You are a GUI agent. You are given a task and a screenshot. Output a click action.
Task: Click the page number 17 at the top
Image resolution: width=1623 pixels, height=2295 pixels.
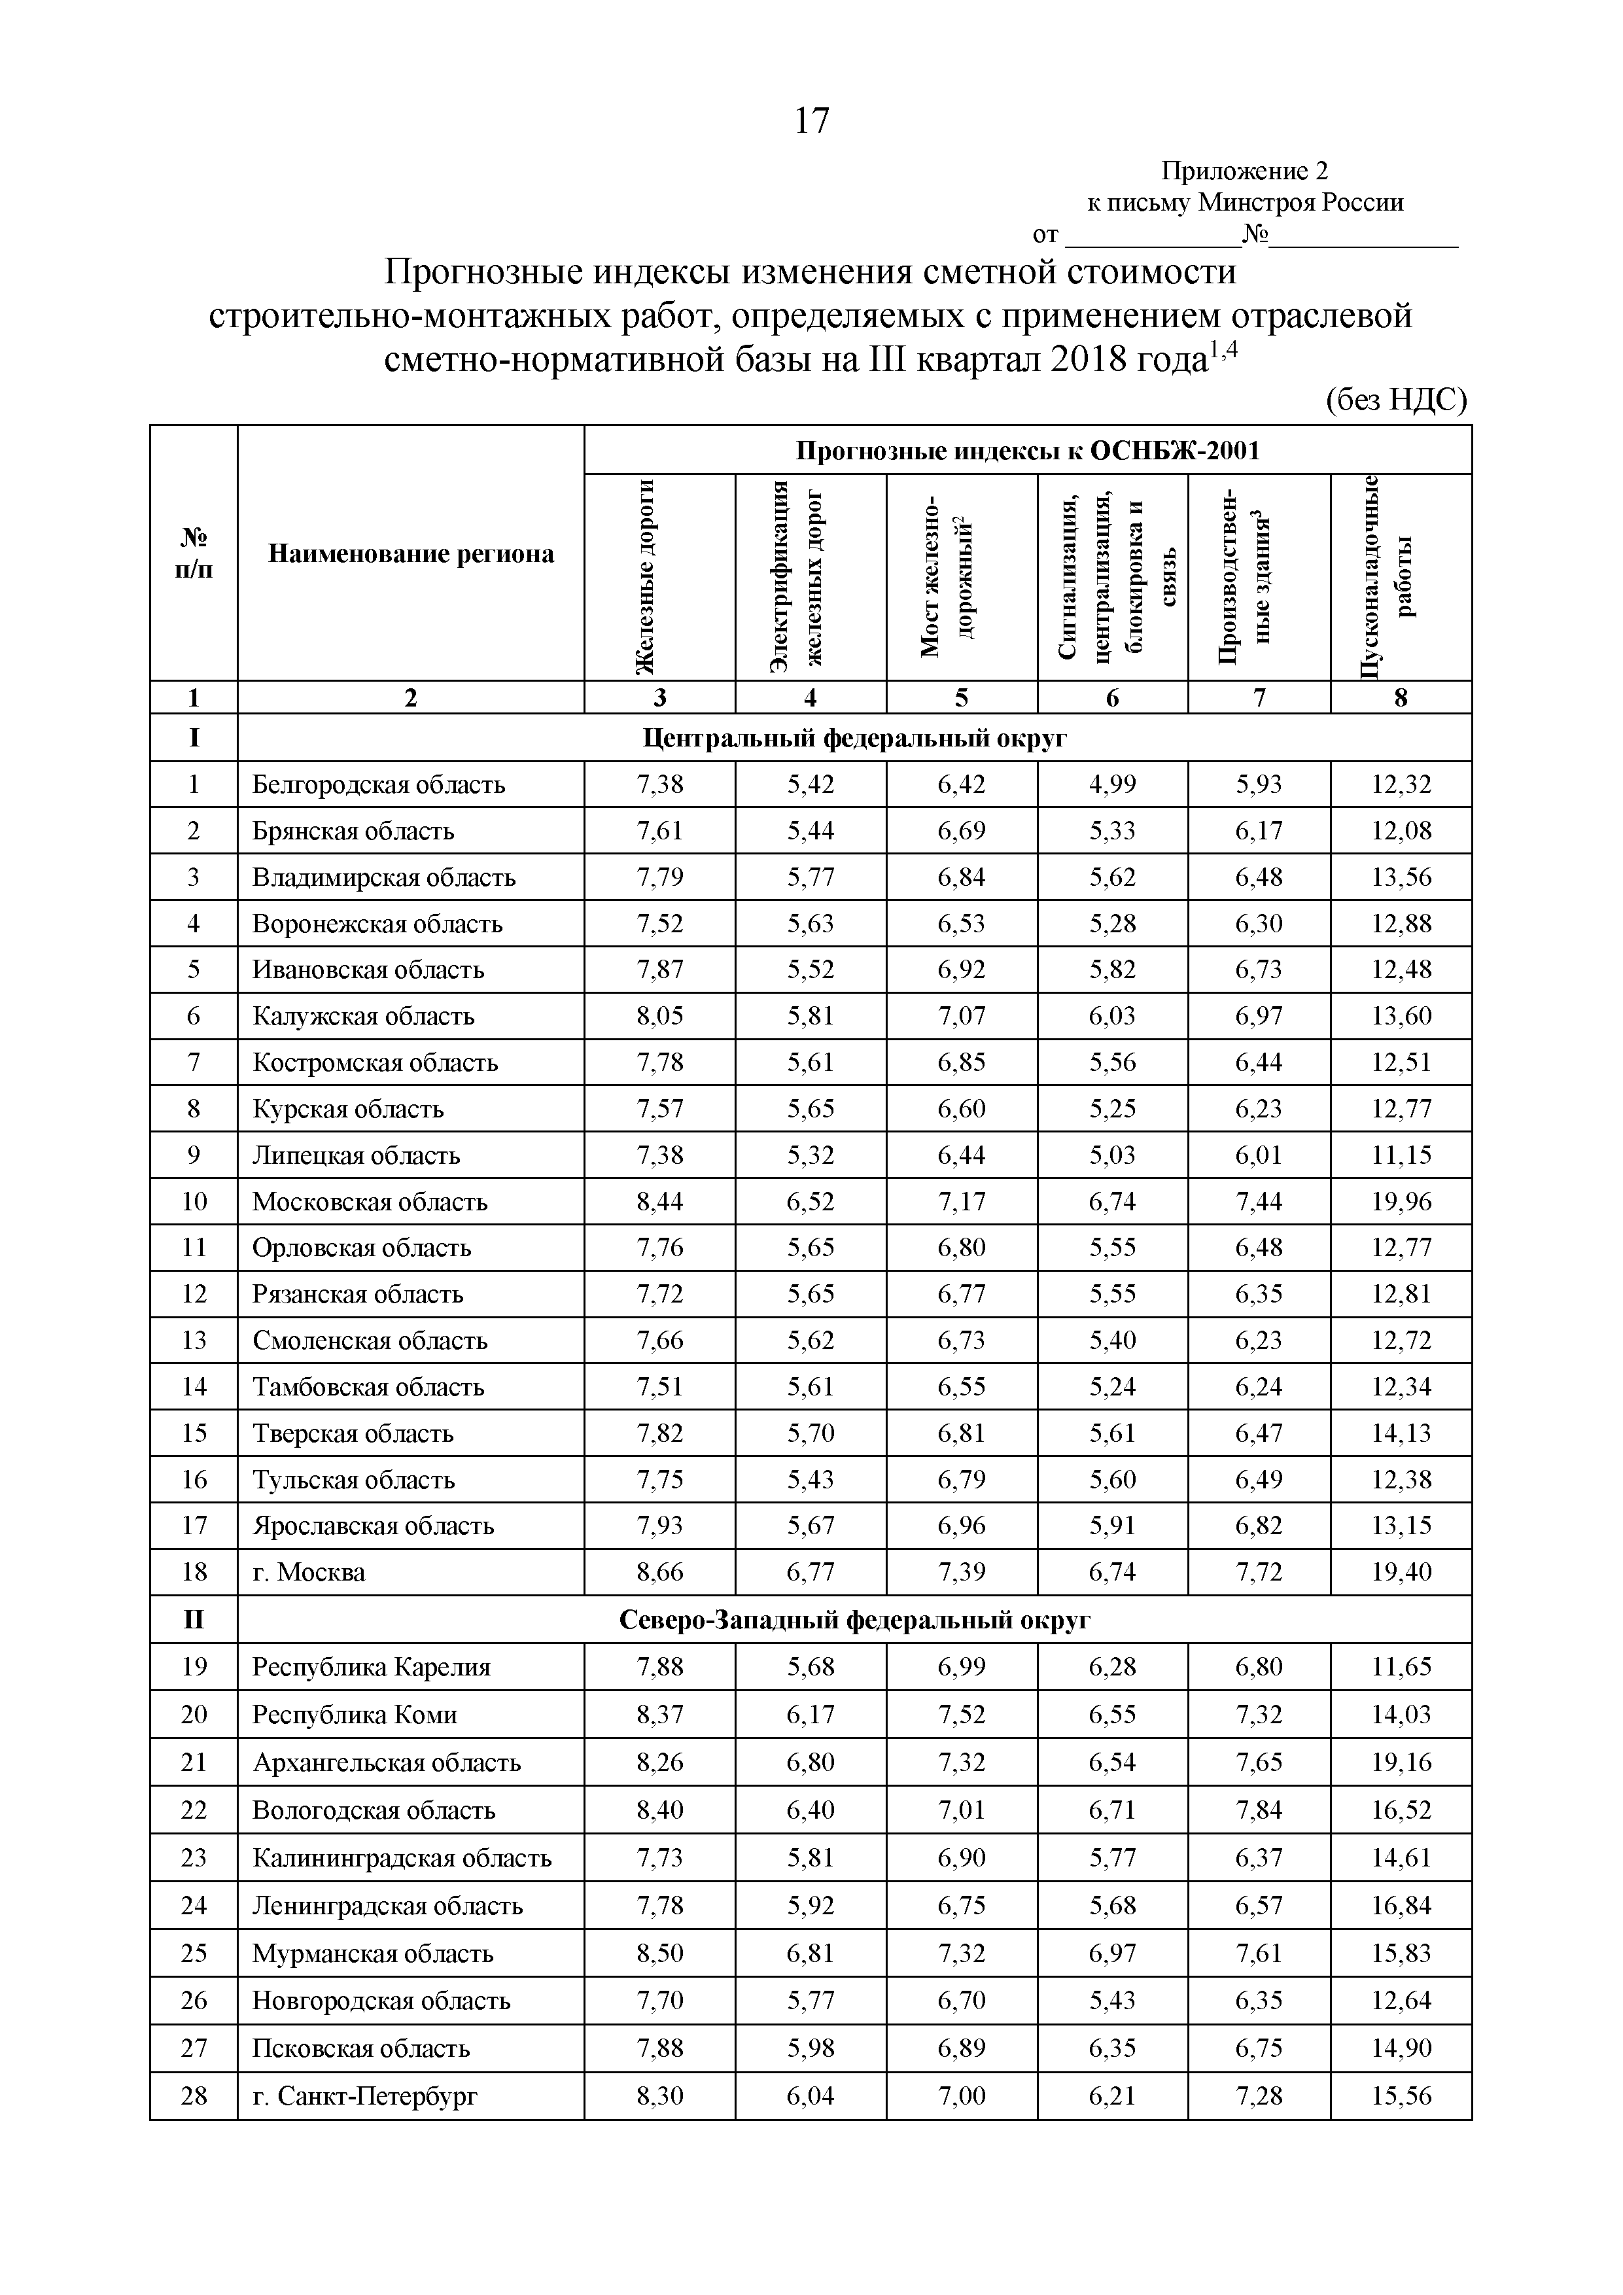coord(811,121)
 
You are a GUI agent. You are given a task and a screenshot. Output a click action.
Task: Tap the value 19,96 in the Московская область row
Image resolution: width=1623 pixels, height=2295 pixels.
coord(1401,1202)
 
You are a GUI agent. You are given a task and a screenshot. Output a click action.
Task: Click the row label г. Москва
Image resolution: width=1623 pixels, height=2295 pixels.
coord(309,1572)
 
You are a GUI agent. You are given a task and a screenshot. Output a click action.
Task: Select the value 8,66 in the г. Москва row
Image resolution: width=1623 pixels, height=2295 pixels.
coord(659,1572)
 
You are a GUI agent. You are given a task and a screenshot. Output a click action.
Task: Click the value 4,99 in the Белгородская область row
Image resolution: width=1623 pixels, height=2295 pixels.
coord(1112,784)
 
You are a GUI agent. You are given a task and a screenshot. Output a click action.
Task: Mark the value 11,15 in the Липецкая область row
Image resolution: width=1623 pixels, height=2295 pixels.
coord(1401,1155)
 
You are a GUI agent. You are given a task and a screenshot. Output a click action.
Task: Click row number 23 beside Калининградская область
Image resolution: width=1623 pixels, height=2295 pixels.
coord(194,1857)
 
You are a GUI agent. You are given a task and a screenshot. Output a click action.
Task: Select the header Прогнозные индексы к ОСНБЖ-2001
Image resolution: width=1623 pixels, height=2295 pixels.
coord(1027,451)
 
